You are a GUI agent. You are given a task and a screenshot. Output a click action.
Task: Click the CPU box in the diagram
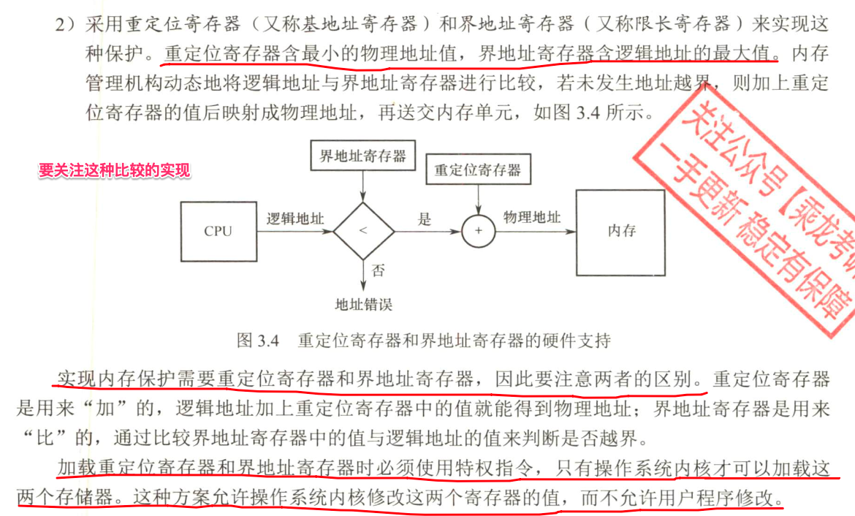(218, 232)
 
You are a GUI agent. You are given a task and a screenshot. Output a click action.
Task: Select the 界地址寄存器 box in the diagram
(362, 156)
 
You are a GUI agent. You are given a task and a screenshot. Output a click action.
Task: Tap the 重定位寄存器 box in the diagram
(477, 170)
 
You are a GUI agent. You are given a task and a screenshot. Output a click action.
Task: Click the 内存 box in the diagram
(621, 231)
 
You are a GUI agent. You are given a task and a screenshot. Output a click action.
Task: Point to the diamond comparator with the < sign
(363, 232)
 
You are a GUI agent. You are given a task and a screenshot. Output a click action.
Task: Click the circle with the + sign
(479, 232)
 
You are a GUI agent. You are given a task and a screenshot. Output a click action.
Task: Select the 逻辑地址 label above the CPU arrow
(295, 218)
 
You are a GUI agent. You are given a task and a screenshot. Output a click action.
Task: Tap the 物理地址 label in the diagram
(532, 217)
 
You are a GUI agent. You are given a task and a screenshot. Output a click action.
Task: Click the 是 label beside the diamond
(425, 219)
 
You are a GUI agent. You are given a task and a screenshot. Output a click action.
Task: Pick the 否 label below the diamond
(379, 271)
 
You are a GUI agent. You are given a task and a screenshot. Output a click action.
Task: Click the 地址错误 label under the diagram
(363, 303)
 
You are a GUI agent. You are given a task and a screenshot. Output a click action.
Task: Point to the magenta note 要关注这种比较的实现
(115, 171)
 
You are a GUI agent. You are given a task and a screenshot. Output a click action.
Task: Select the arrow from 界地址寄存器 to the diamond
(363, 187)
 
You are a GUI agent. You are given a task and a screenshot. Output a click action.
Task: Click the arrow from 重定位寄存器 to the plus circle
(479, 200)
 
